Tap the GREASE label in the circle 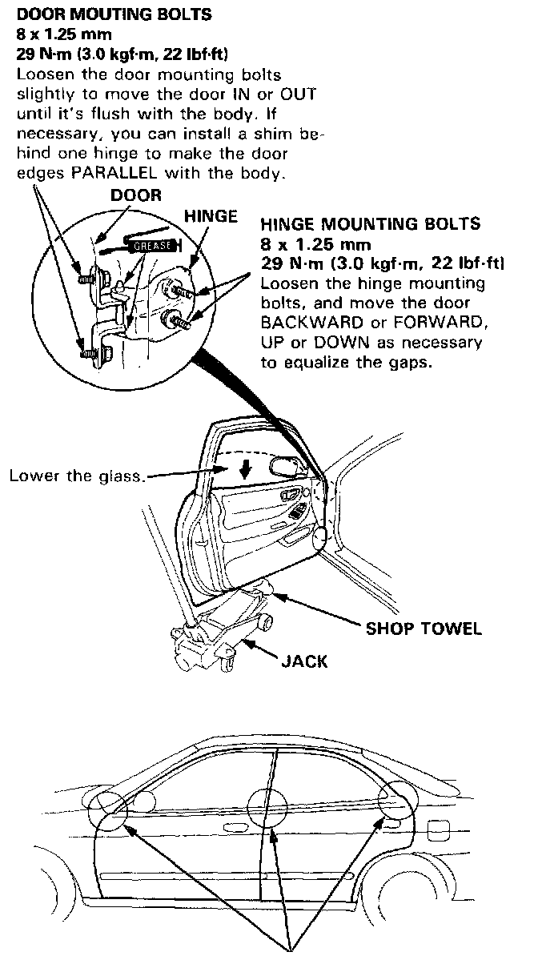152,246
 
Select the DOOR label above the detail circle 135,195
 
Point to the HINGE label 211,216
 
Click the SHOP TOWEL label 424,629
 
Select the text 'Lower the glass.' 77,476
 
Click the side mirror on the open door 287,464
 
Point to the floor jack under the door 216,633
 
